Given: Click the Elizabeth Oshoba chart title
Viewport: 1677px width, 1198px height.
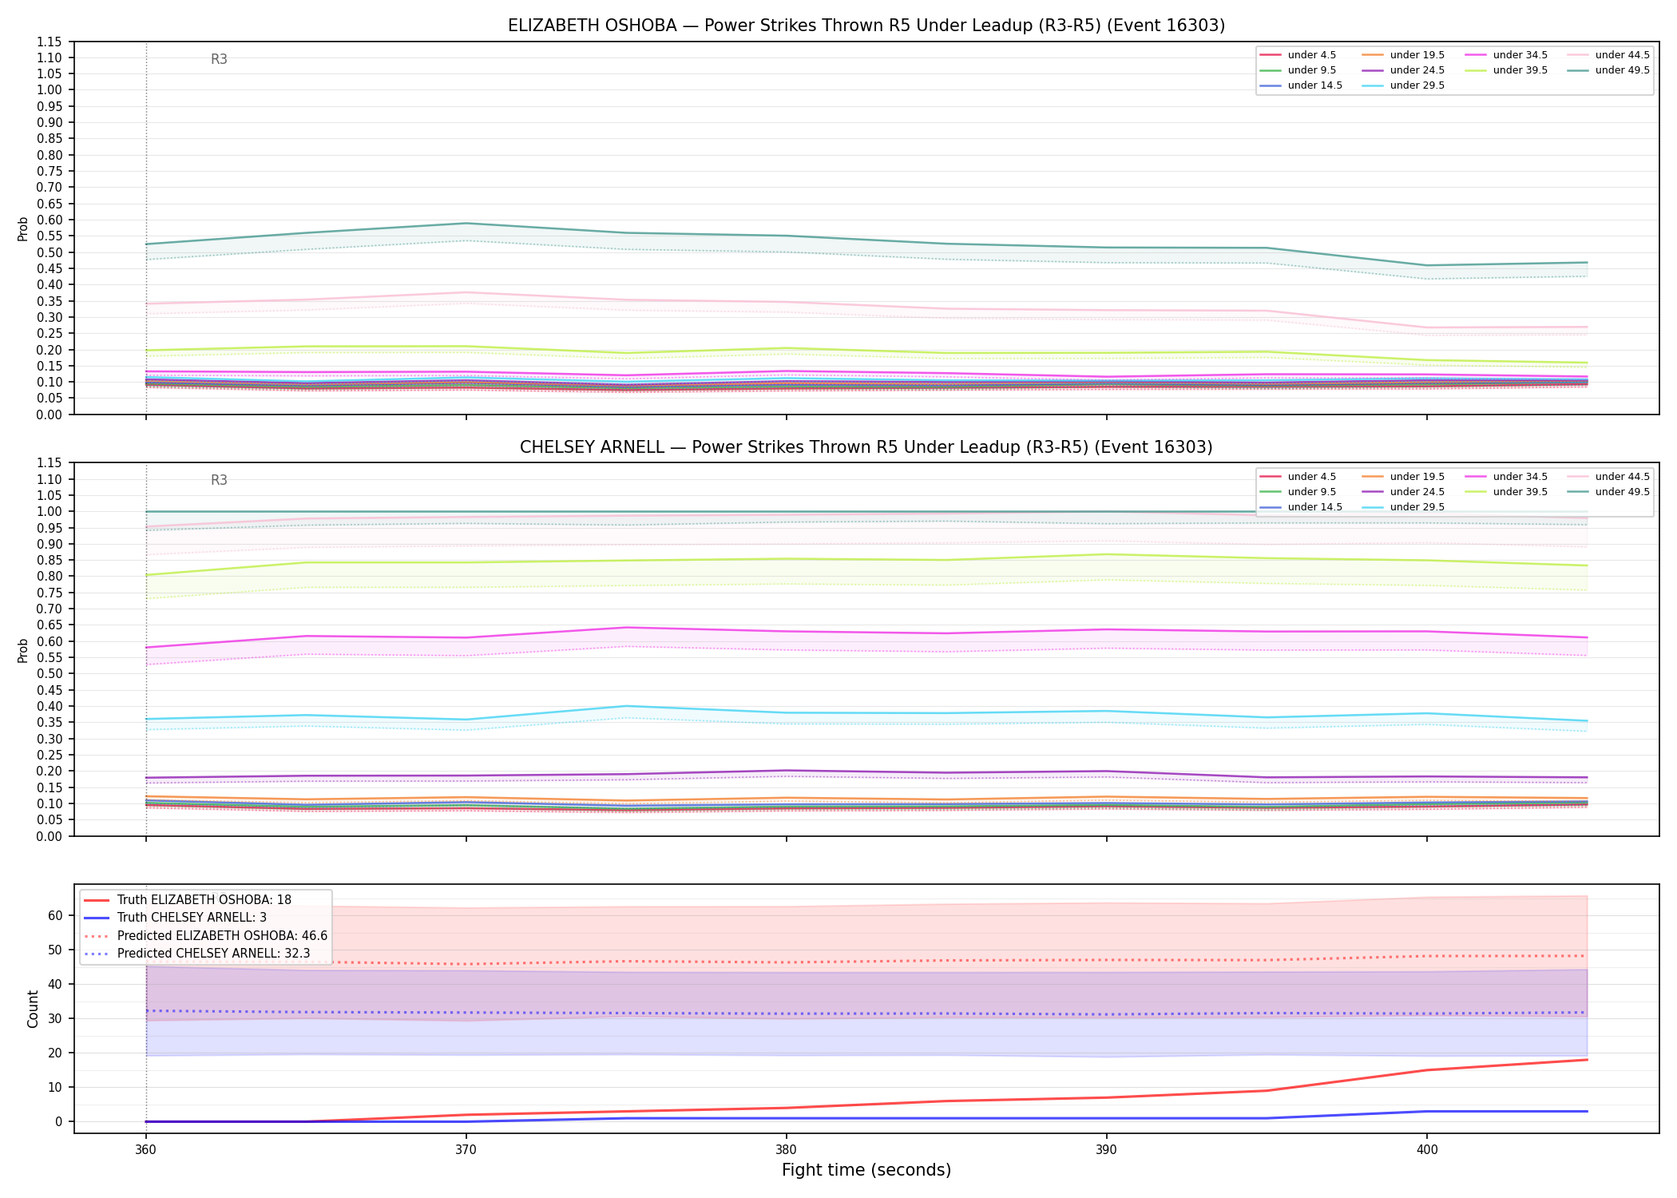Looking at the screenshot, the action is (866, 26).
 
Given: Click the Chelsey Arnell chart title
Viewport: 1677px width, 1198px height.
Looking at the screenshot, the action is (866, 447).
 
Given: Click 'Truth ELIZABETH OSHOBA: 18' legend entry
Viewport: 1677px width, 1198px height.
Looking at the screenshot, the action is (204, 900).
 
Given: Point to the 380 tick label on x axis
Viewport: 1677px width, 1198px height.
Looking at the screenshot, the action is (786, 1150).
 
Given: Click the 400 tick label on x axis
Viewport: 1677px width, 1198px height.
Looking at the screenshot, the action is (1427, 1150).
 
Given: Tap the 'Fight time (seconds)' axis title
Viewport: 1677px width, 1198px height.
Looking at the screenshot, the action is (866, 1170).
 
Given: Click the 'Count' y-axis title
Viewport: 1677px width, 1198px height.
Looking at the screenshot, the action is (33, 1009).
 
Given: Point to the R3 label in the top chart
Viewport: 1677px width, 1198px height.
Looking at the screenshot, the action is (219, 59).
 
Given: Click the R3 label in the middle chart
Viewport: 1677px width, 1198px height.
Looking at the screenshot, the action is (219, 480).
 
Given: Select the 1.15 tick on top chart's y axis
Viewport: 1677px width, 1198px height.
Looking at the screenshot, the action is (50, 42).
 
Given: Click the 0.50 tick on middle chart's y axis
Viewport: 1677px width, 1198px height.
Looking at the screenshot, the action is (50, 673).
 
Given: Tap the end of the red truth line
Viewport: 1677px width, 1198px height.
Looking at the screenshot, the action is (1587, 1060).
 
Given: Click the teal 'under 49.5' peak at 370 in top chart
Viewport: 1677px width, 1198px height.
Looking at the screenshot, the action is (466, 224).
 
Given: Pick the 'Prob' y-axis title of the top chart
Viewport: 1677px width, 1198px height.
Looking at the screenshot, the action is (23, 228).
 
